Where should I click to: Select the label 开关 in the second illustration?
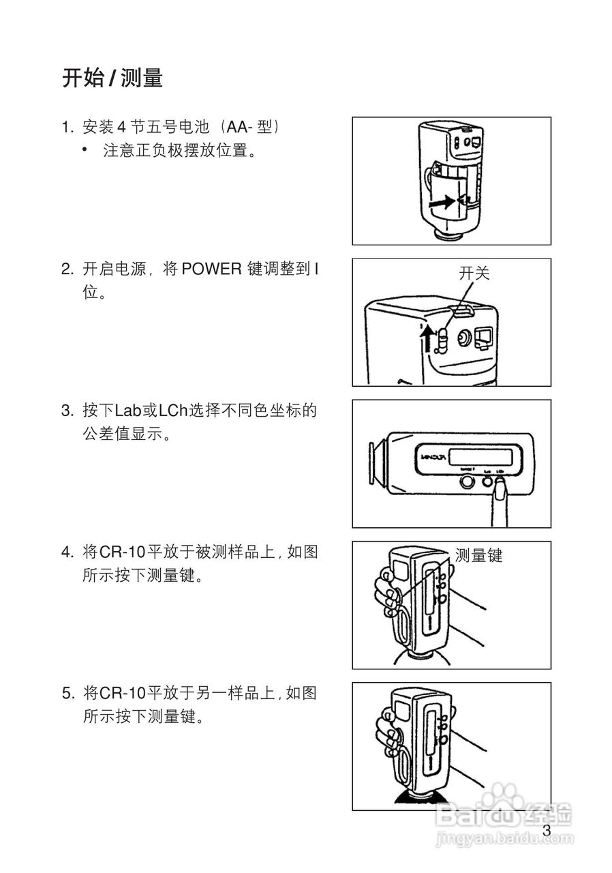tap(474, 274)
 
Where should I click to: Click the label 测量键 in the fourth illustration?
tap(478, 555)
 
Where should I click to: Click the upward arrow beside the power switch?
tap(427, 338)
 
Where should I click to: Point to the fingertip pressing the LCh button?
tap(500, 487)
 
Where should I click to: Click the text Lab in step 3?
tap(126, 411)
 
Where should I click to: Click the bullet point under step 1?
tap(86, 150)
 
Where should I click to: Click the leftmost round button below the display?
tap(468, 482)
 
